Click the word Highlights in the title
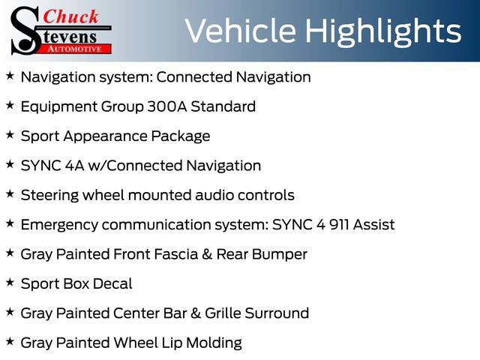[383, 31]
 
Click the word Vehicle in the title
[240, 31]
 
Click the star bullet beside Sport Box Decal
[10, 283]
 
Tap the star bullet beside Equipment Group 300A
[10, 106]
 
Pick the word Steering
[47, 195]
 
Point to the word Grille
[225, 313]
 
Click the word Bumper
[279, 254]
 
